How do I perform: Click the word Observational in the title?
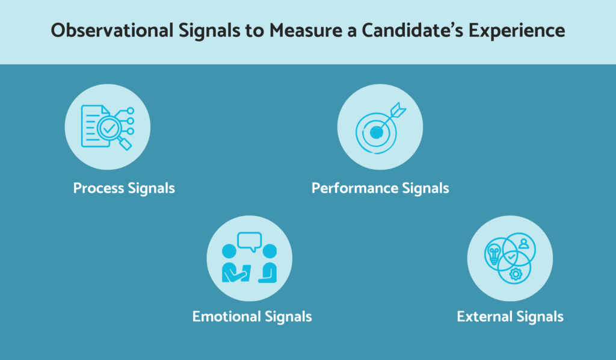[112, 30]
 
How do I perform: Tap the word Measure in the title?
[306, 30]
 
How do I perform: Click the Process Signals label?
[124, 188]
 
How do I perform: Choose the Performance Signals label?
[380, 188]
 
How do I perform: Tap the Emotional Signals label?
[252, 317]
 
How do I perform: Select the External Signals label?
[510, 317]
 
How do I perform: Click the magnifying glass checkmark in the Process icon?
[109, 128]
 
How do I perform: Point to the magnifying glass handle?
[125, 143]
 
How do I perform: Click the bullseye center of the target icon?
[377, 133]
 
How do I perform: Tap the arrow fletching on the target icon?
[398, 110]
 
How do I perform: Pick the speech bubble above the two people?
[250, 241]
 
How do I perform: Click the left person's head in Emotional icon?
[229, 251]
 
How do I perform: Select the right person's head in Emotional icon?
[269, 251]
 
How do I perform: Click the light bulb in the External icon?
[493, 253]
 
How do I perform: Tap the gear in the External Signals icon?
[516, 273]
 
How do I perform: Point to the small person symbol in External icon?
[524, 244]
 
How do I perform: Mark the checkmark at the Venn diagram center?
[511, 257]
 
